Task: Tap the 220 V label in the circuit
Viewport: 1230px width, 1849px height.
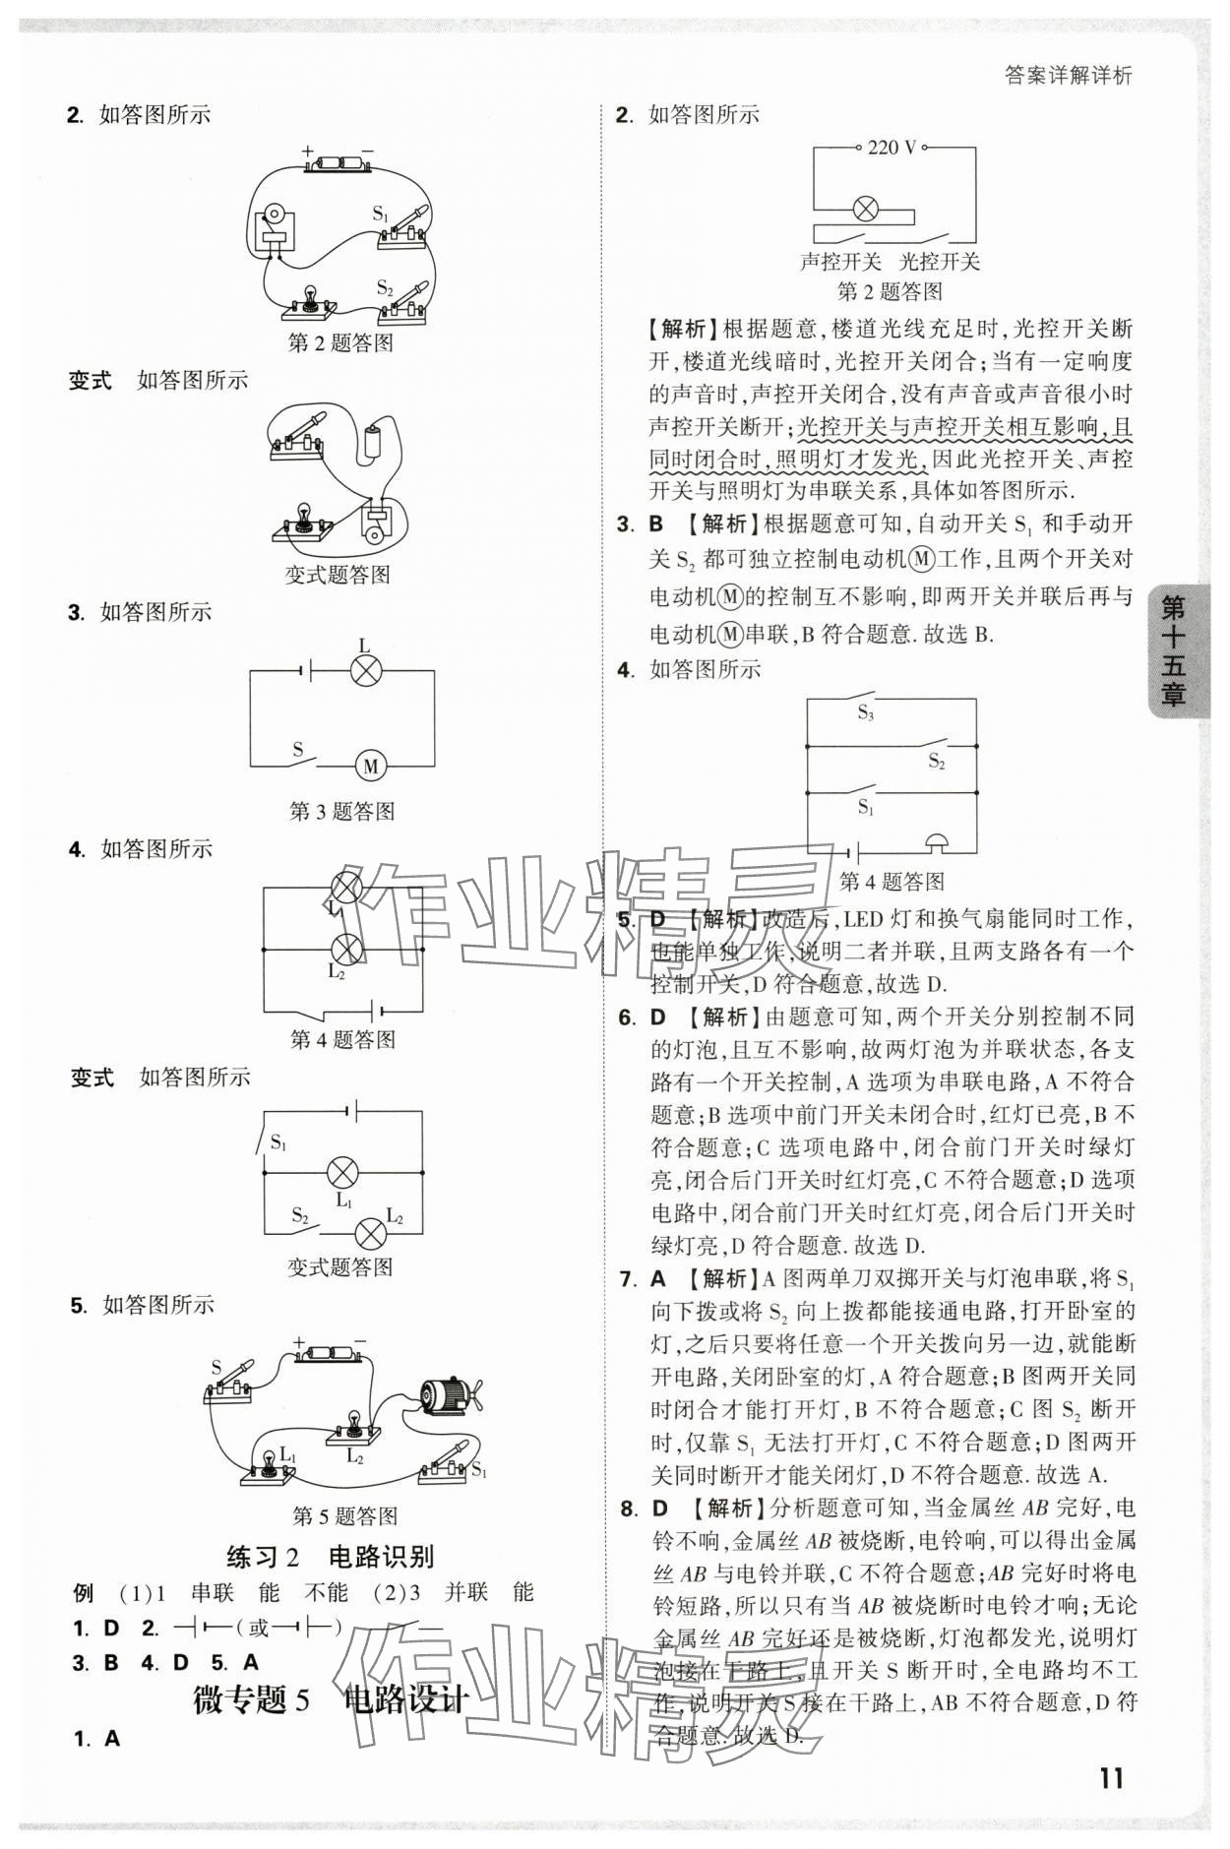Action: click(x=892, y=148)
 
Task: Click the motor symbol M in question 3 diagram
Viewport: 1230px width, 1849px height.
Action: click(x=370, y=765)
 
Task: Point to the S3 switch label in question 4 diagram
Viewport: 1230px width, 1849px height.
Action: click(x=865, y=713)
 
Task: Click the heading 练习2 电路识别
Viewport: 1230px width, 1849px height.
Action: click(x=330, y=1556)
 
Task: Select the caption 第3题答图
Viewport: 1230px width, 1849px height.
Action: click(x=341, y=811)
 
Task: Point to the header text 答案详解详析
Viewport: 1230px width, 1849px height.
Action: click(x=1069, y=76)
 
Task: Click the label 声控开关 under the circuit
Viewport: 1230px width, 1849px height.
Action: click(x=839, y=262)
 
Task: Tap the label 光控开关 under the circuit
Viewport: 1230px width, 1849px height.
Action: click(x=940, y=262)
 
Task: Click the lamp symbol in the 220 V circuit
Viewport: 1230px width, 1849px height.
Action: click(x=865, y=209)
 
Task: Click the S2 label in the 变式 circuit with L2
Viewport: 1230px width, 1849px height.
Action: click(x=300, y=1215)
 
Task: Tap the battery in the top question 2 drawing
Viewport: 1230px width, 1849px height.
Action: click(x=338, y=164)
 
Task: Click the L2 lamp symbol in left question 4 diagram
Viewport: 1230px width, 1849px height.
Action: click(x=344, y=949)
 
